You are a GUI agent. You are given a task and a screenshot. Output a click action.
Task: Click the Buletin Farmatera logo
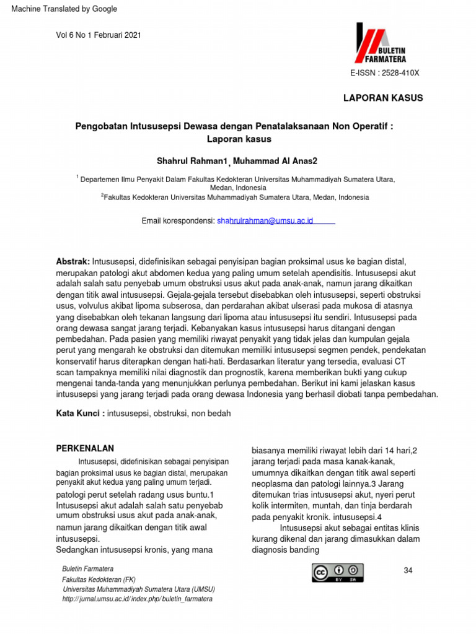click(380, 43)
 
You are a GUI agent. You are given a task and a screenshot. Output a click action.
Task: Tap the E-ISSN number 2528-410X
click(385, 73)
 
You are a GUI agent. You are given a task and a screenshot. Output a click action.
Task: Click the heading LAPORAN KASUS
click(384, 98)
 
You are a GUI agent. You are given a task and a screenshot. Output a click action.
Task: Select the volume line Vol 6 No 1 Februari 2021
click(99, 35)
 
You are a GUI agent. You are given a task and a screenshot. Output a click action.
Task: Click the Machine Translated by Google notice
click(59, 9)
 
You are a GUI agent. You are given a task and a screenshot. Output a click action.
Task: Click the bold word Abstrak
click(73, 262)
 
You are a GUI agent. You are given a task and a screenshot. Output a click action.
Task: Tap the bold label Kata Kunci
click(80, 412)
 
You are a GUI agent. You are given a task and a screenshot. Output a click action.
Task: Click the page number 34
click(408, 570)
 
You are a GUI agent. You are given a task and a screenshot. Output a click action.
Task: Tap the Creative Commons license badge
click(337, 573)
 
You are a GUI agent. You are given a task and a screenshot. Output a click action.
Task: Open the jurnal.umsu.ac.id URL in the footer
click(138, 599)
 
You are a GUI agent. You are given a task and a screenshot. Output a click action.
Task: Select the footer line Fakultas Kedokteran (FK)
click(99, 579)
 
